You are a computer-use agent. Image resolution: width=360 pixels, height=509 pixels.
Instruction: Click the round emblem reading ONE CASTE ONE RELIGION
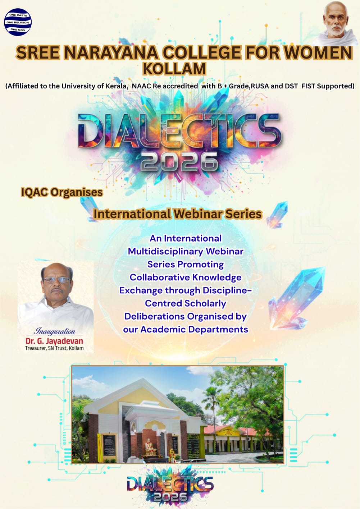[18, 22]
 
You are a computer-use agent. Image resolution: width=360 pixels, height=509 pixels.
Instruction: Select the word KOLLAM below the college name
[174, 69]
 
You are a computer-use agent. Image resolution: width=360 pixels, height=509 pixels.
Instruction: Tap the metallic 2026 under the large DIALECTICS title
[179, 161]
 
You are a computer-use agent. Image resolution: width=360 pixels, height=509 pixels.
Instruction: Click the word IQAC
[34, 192]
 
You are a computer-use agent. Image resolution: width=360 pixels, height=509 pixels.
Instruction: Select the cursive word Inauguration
[54, 331]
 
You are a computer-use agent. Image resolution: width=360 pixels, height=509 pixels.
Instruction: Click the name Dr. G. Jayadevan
[54, 341]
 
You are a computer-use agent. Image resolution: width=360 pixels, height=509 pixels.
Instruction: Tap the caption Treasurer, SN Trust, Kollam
[54, 348]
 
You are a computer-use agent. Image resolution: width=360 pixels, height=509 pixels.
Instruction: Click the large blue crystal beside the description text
[299, 297]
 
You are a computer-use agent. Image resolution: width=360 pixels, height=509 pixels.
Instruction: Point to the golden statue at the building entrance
[148, 448]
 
